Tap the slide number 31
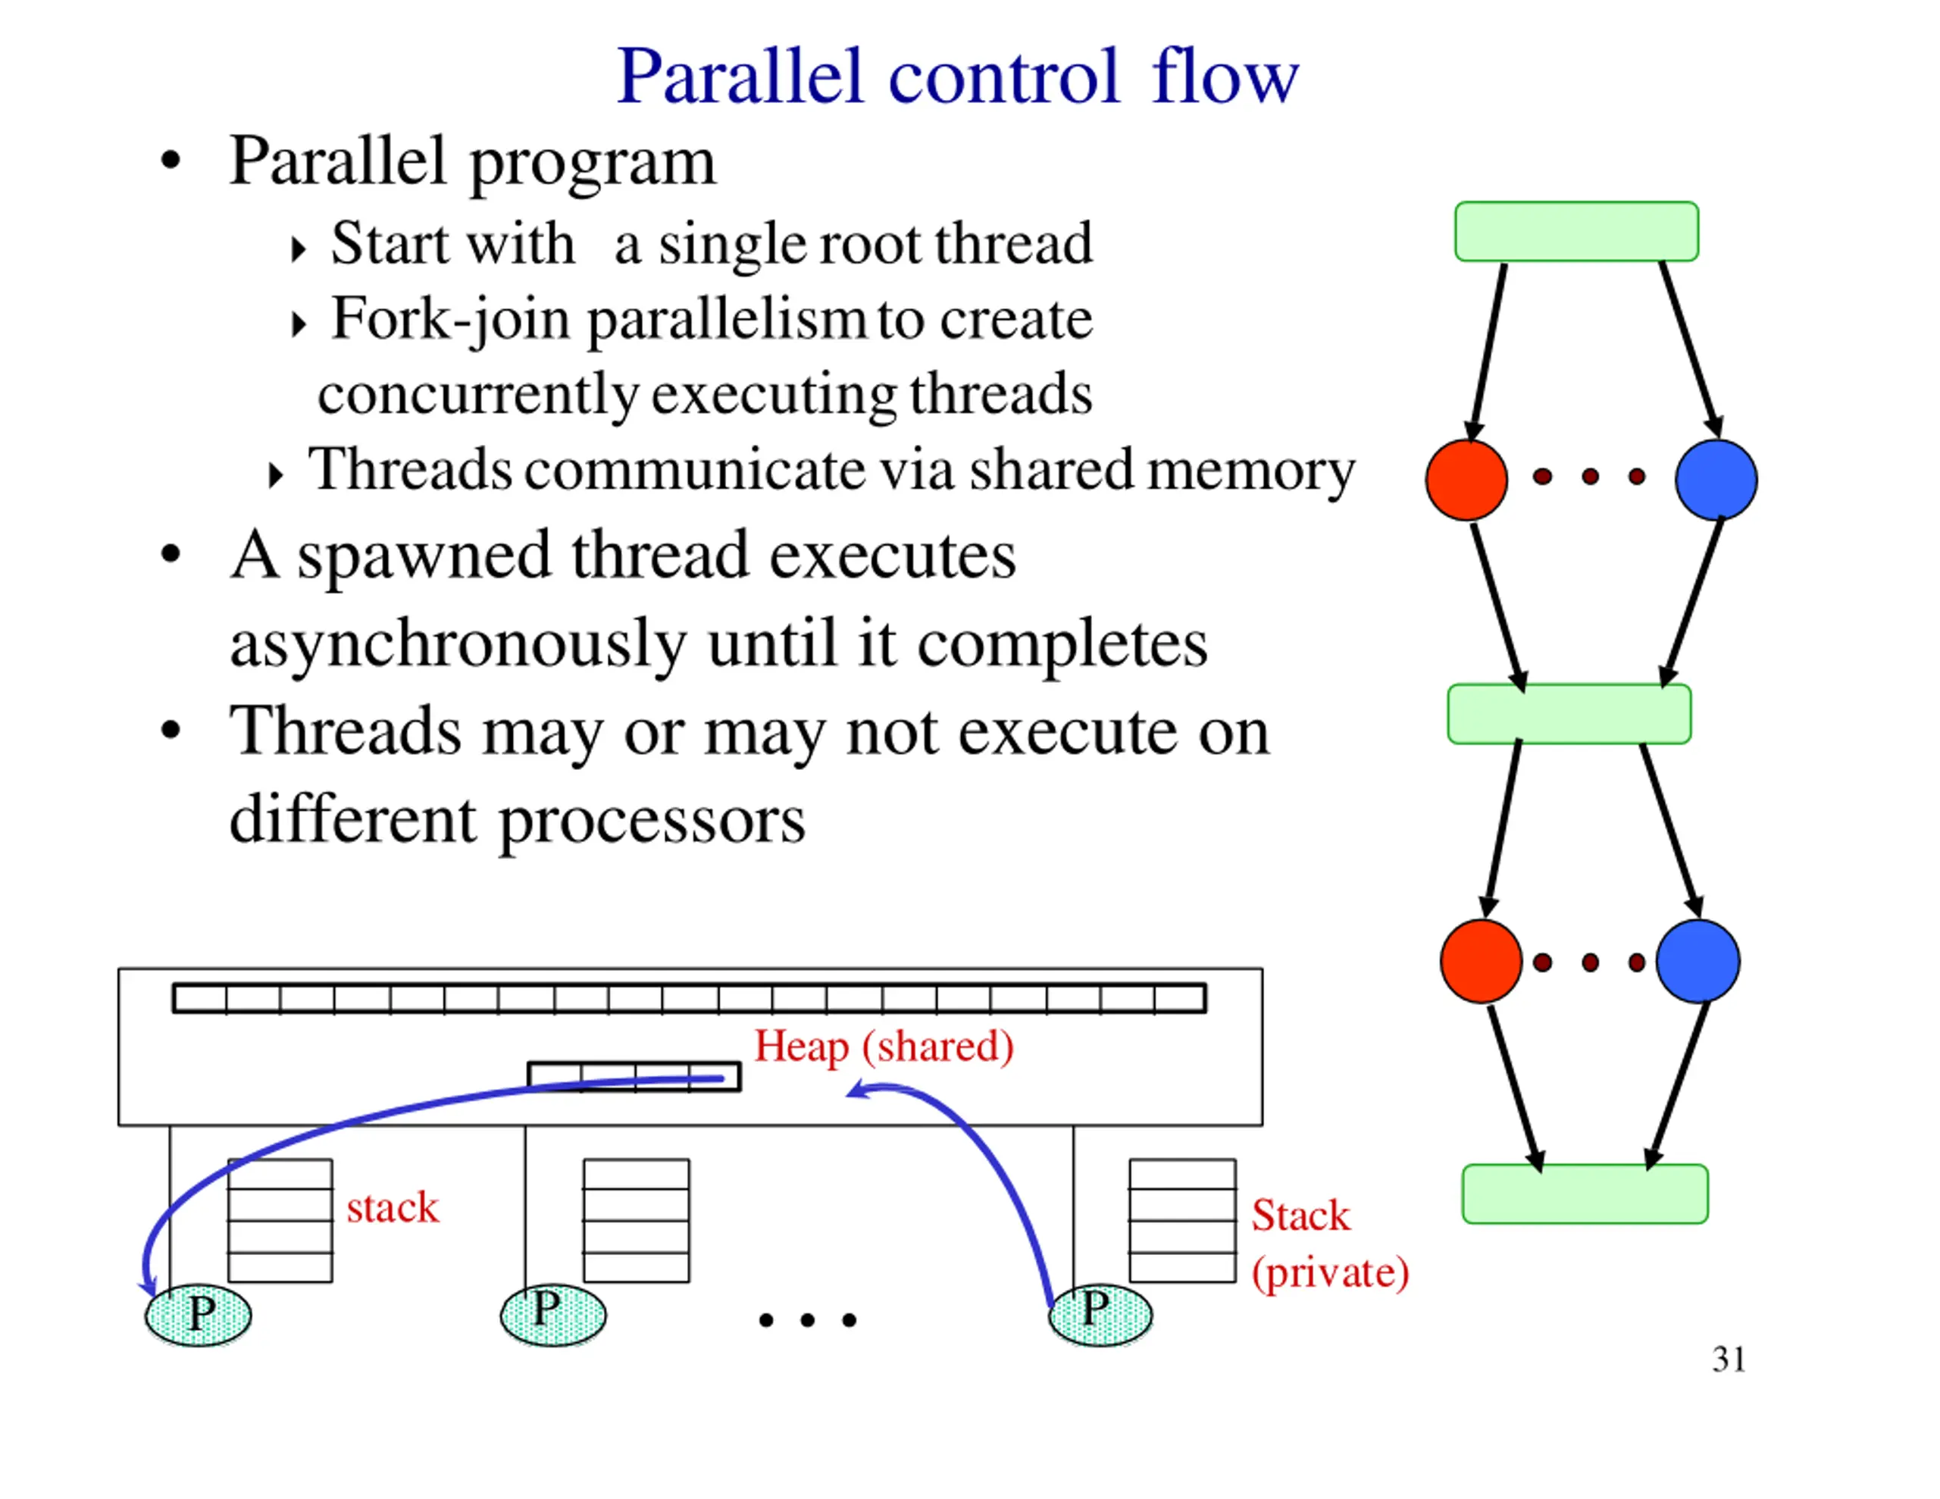[x=1728, y=1360]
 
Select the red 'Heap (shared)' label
[x=884, y=1047]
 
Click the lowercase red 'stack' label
[x=393, y=1207]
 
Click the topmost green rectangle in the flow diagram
[x=1577, y=232]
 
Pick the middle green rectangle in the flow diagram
[x=1569, y=714]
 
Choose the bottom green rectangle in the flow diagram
[x=1585, y=1194]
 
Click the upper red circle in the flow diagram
[x=1466, y=480]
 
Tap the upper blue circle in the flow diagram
[x=1716, y=480]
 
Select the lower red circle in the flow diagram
[x=1481, y=962]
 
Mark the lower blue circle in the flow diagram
[x=1697, y=962]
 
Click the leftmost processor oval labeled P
[x=198, y=1314]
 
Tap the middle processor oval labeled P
[x=552, y=1314]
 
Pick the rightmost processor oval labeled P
[x=1100, y=1314]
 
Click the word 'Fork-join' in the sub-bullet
[x=450, y=320]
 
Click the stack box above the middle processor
[x=636, y=1220]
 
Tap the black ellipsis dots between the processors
[x=807, y=1320]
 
